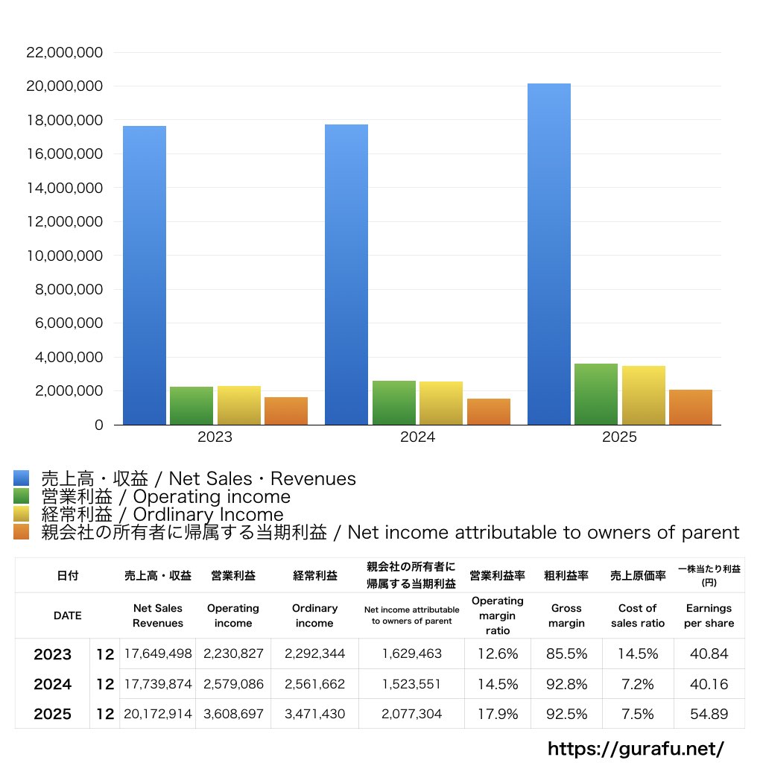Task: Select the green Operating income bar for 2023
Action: point(191,405)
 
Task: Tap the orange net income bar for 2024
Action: point(489,411)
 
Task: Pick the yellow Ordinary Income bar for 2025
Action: point(644,395)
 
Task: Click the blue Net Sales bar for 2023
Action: point(145,276)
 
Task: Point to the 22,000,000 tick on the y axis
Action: point(64,53)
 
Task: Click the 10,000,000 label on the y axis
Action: point(64,256)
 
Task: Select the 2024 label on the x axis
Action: point(417,437)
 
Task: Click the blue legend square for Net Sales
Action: point(22,478)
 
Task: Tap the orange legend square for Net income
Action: point(22,532)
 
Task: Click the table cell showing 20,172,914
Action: point(158,714)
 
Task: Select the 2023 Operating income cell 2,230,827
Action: point(233,654)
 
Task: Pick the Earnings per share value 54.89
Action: point(709,714)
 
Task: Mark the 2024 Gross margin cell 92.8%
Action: point(566,684)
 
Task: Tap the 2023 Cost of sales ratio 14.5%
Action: point(638,654)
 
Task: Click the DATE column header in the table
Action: point(67,615)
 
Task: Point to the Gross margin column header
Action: point(566,615)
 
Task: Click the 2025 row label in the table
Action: point(53,714)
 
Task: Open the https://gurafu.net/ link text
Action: point(636,748)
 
